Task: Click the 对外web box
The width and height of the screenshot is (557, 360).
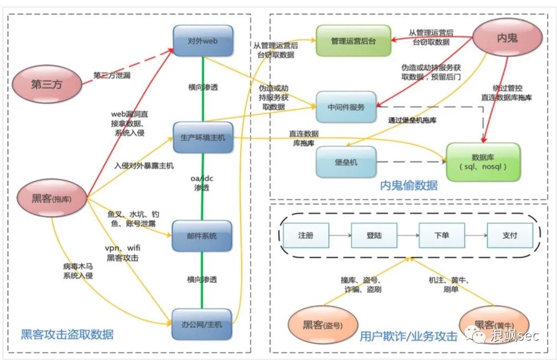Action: [x=202, y=40]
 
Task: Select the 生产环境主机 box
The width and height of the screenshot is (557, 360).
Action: [x=202, y=138]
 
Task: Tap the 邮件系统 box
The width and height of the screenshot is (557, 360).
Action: [x=202, y=236]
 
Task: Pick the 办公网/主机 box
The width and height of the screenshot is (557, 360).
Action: [x=202, y=324]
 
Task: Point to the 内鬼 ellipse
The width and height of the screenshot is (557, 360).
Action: [x=506, y=37]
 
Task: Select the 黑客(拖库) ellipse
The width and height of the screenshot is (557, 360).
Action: [x=52, y=197]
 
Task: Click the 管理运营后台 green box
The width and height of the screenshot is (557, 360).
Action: [x=353, y=41]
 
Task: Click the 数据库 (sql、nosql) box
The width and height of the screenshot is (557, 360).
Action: [x=483, y=161]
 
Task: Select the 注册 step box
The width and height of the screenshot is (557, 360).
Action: [x=305, y=236]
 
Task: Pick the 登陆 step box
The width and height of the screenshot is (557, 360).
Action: [x=373, y=236]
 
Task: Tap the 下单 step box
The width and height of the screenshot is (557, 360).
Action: [x=441, y=236]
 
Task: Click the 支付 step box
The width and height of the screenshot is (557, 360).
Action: [x=509, y=236]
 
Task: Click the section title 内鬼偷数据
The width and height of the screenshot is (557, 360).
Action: [x=408, y=186]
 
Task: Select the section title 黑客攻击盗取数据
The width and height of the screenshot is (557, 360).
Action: [x=67, y=334]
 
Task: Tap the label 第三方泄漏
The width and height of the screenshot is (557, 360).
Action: [x=111, y=75]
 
